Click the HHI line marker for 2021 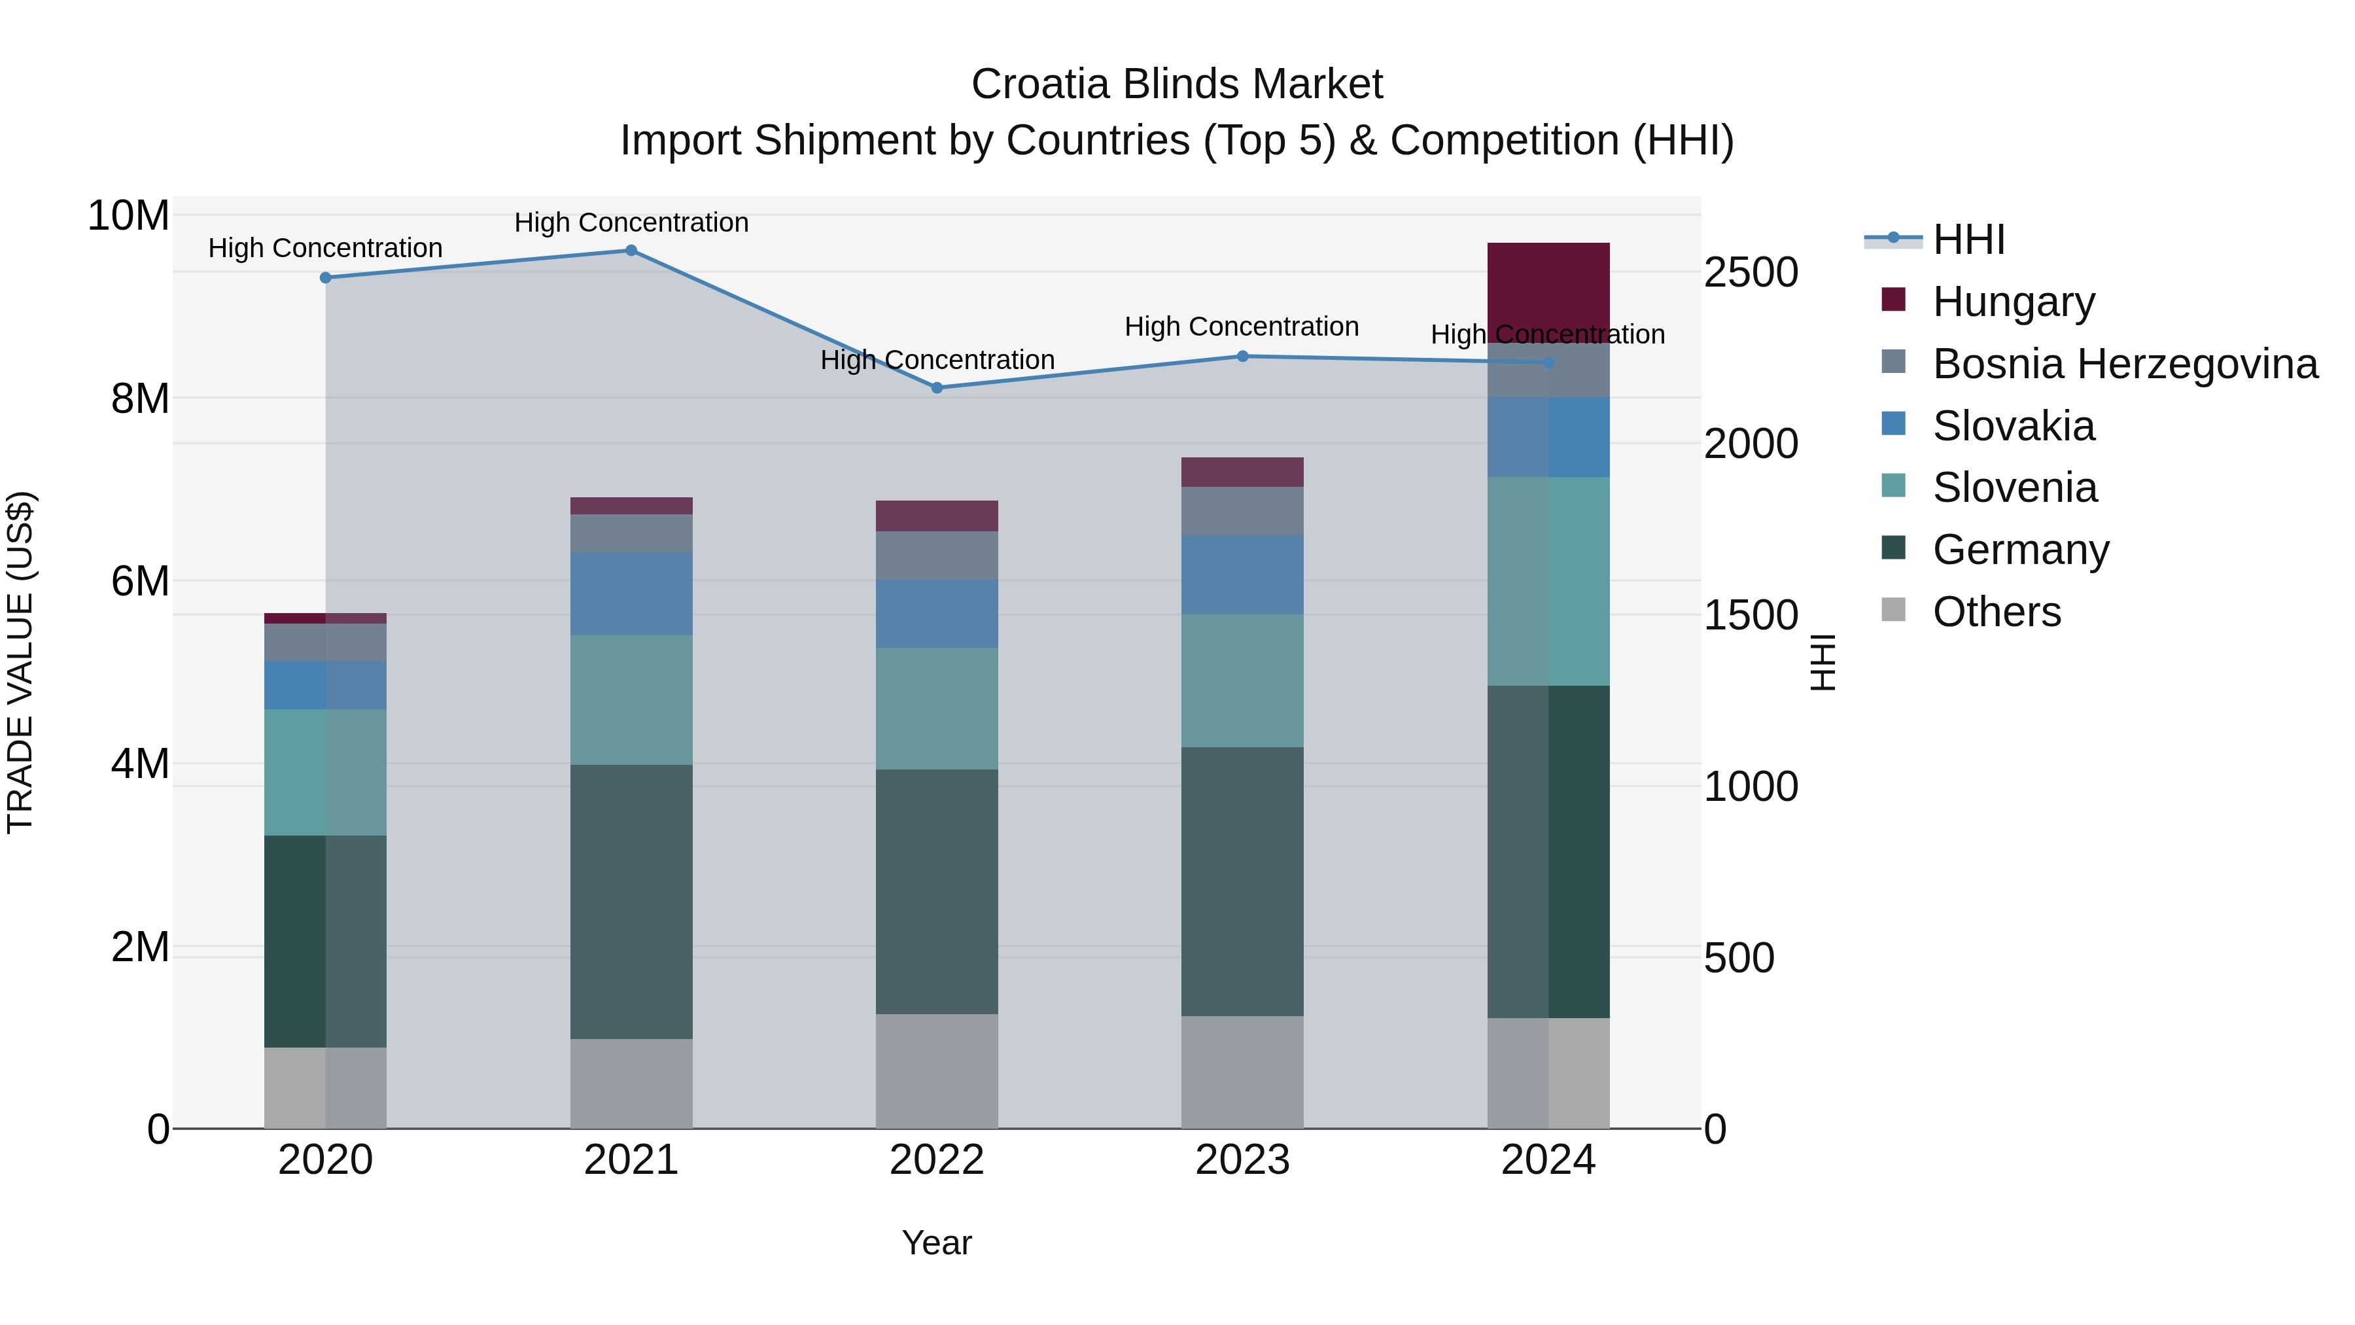click(x=631, y=251)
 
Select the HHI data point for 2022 click(x=937, y=388)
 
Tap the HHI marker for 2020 click(x=326, y=278)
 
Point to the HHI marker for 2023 click(x=1242, y=357)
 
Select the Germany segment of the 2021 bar click(x=631, y=902)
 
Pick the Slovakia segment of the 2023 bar click(x=1242, y=574)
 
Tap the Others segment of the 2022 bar click(x=937, y=1070)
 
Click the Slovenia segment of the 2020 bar click(x=326, y=773)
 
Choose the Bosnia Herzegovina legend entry click(x=2125, y=364)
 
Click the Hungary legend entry click(x=2013, y=302)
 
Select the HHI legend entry click(x=1968, y=239)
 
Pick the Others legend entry click(x=1997, y=612)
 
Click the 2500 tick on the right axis click(x=1751, y=272)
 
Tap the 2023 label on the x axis click(x=1242, y=1160)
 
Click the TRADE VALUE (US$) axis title click(x=20, y=662)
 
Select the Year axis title click(x=937, y=1243)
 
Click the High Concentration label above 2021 click(x=631, y=222)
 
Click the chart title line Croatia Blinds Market click(x=1177, y=84)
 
